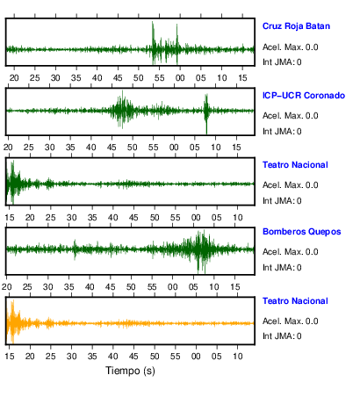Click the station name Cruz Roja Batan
click(296, 26)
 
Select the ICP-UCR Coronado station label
click(304, 96)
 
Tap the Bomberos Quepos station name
click(302, 232)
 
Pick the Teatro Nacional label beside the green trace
click(295, 165)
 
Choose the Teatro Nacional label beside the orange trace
click(295, 301)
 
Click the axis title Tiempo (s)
click(130, 371)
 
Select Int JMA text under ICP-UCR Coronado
click(282, 132)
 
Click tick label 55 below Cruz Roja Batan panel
click(159, 78)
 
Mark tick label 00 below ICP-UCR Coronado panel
click(174, 148)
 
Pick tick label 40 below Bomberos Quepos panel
click(90, 287)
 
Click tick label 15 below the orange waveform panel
click(10, 357)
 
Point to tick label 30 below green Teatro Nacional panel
click(71, 218)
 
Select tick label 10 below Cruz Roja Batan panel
click(221, 78)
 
